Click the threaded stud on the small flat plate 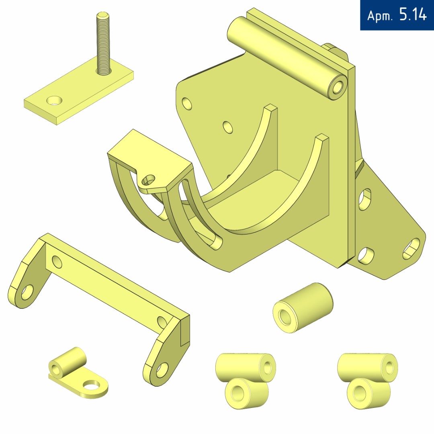(104, 43)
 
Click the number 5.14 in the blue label (413, 14)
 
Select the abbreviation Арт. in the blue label (379, 16)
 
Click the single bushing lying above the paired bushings (303, 307)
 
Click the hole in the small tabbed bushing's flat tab (92, 385)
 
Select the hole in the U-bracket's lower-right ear (162, 371)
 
